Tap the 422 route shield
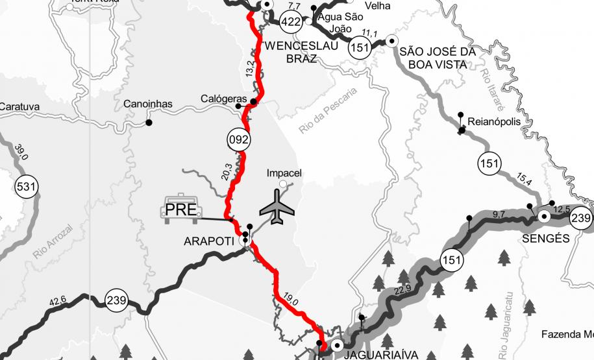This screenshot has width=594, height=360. pyautogui.click(x=291, y=23)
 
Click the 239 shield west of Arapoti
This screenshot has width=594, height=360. pyautogui.click(x=117, y=300)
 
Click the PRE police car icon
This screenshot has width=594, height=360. pyautogui.click(x=181, y=210)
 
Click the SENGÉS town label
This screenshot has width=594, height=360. pyautogui.click(x=546, y=238)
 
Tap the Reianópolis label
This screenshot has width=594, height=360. pyautogui.click(x=493, y=120)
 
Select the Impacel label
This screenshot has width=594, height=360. pyautogui.click(x=285, y=173)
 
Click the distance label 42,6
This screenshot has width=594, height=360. pyautogui.click(x=58, y=300)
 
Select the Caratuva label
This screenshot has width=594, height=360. pyautogui.click(x=20, y=106)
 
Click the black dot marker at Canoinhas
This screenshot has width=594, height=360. pyautogui.click(x=149, y=122)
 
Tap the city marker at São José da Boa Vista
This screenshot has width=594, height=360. pyautogui.click(x=391, y=41)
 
